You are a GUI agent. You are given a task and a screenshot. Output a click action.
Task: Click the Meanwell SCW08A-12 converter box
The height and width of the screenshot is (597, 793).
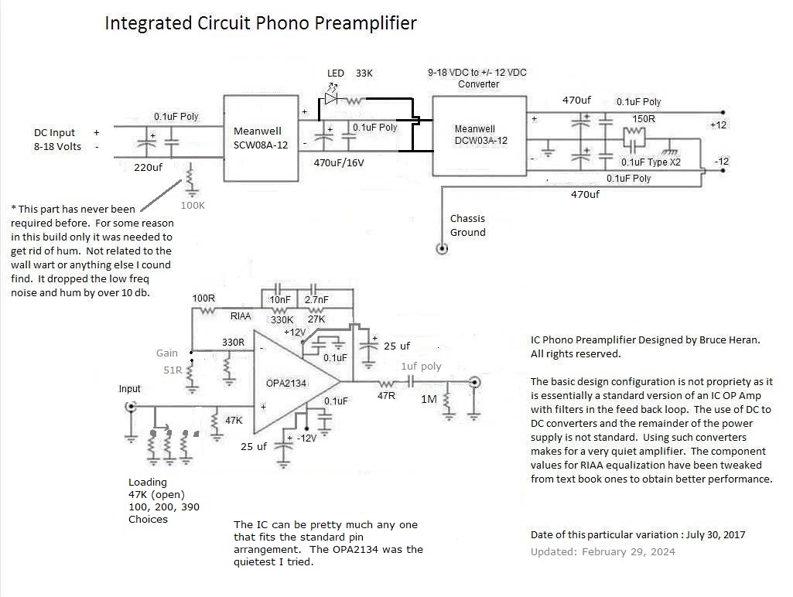(x=260, y=137)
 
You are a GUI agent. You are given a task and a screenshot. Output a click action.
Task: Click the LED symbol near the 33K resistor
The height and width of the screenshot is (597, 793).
(x=332, y=99)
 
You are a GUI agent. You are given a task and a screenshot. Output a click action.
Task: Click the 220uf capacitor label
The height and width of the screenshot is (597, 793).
(x=147, y=166)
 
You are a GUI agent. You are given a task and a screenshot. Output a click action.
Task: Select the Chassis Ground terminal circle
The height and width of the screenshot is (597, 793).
(x=442, y=249)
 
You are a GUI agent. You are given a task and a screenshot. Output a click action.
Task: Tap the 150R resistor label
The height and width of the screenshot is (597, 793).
(x=644, y=119)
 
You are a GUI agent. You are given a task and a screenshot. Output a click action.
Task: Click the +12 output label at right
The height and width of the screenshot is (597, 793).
(x=719, y=125)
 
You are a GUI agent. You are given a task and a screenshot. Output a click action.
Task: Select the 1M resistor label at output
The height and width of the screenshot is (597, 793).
(x=429, y=399)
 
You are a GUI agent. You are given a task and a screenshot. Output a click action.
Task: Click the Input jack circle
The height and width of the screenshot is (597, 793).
(x=131, y=406)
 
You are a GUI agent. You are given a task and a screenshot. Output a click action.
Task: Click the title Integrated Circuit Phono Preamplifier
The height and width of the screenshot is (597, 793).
(x=261, y=23)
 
